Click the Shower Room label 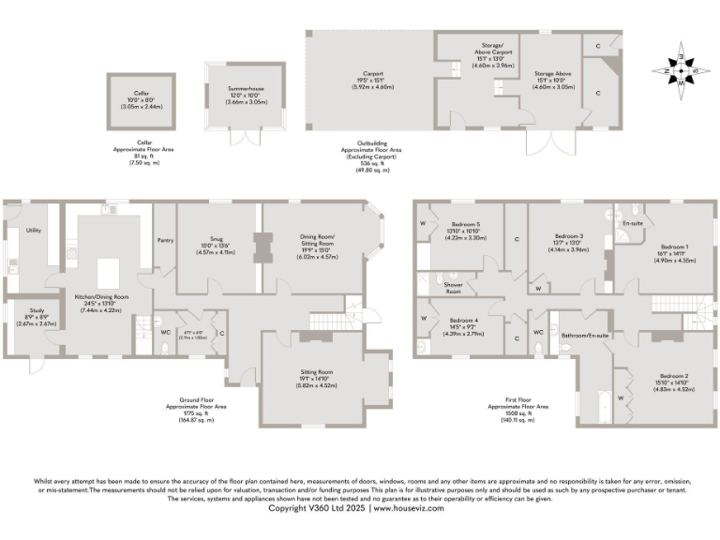(x=453, y=287)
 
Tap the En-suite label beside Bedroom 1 (x=632, y=224)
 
